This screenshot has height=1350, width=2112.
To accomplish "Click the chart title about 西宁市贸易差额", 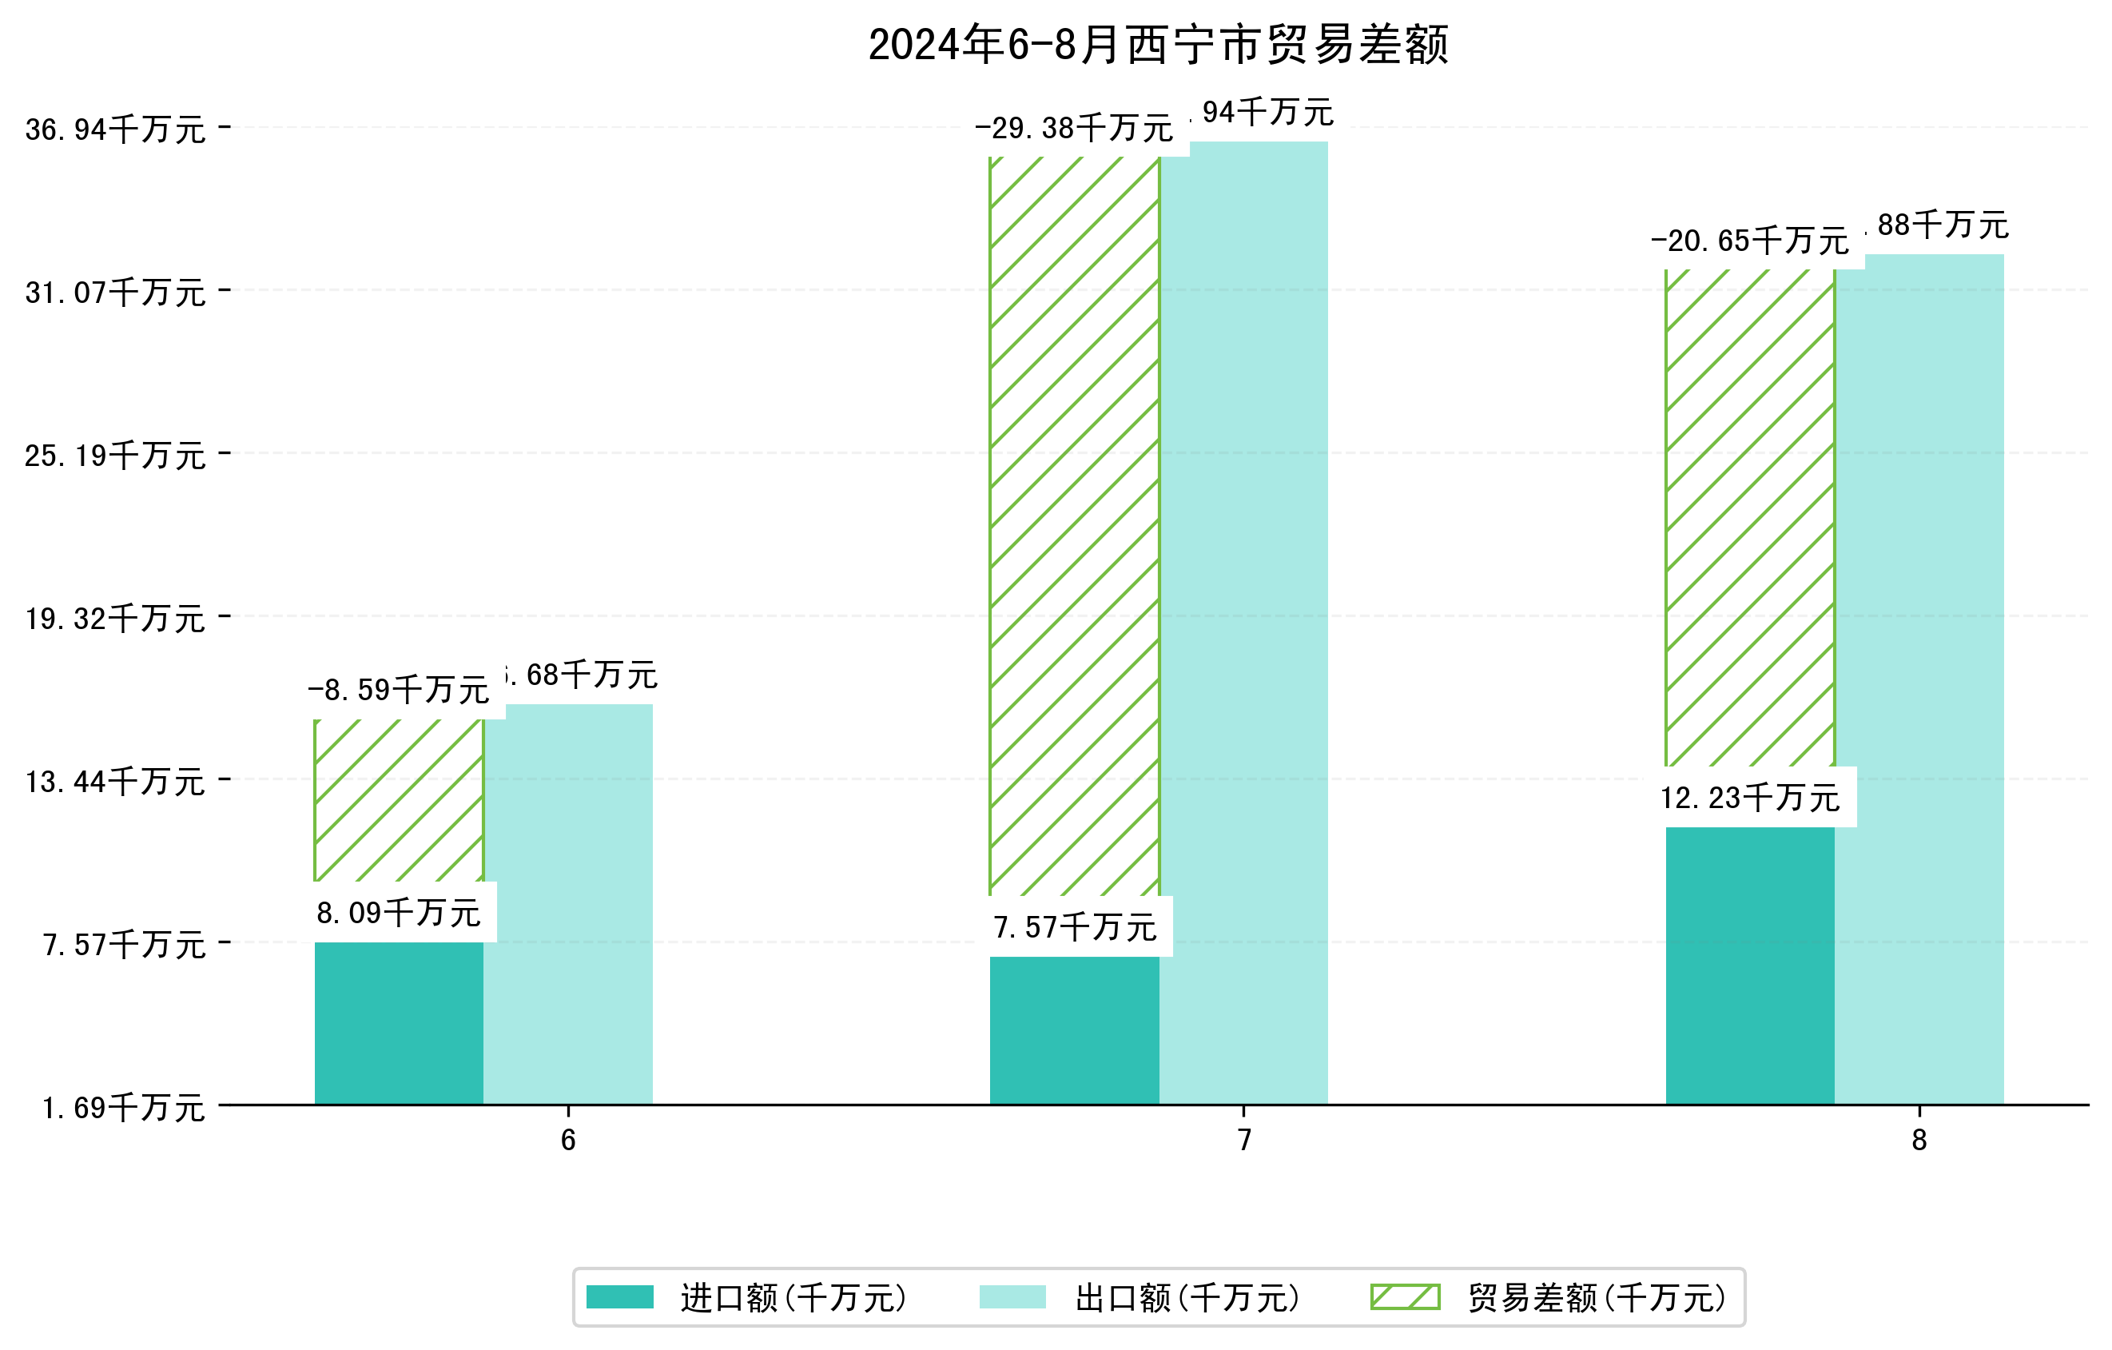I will (x=1158, y=46).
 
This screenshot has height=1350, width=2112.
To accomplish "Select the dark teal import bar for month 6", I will (x=399, y=1023).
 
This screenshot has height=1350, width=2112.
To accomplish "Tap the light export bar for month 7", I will (x=1243, y=623).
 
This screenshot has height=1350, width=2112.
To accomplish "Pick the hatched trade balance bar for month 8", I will (x=1750, y=518).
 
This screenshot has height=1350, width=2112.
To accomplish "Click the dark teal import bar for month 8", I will (x=1750, y=965).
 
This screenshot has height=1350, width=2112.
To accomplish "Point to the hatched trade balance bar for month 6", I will (x=399, y=800).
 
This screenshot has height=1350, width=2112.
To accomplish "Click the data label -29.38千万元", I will (x=1073, y=129).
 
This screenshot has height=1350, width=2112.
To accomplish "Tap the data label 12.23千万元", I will (x=1750, y=798).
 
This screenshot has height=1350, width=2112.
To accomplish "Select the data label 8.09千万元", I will (x=399, y=913).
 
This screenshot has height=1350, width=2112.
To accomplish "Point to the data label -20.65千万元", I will (x=1750, y=241).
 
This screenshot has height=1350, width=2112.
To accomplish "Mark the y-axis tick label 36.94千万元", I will (x=115, y=129).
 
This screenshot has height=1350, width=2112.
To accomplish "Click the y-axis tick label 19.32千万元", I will (x=115, y=619).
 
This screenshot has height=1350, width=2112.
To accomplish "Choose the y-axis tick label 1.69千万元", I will (x=123, y=1108).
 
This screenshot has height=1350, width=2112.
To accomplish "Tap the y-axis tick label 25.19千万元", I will (x=115, y=456).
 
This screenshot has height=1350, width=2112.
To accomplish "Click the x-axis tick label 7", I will (x=1243, y=1141).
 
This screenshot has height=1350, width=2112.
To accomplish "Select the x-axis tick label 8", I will (x=1919, y=1141).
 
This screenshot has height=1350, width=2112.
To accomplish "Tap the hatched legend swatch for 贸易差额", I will (x=1405, y=1297).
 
